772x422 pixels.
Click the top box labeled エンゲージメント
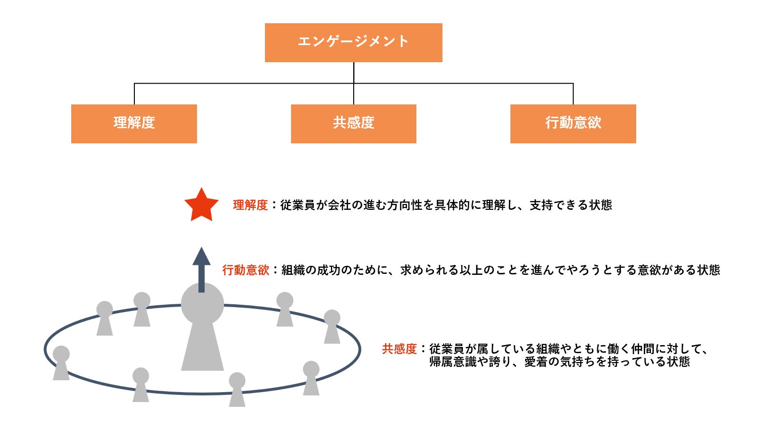pos(353,42)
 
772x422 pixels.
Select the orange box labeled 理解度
pos(134,123)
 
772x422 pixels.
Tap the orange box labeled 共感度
pos(353,123)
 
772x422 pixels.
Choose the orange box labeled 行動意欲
pos(573,123)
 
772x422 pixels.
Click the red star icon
pos(201,206)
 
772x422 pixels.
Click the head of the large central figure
pos(202,304)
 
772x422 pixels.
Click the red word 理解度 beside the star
pos(250,205)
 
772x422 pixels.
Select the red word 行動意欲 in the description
pos(245,270)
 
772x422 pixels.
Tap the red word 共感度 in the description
pos(399,349)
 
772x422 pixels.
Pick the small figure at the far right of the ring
pos(332,326)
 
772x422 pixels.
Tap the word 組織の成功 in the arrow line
pos(311,270)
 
